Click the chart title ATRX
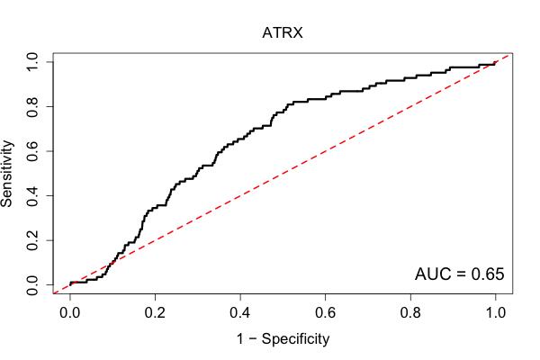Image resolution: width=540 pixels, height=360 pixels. (283, 33)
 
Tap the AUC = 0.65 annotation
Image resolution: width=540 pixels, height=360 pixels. (459, 274)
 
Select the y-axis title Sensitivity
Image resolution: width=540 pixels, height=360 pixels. (6, 174)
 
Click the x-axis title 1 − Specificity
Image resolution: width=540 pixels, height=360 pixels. (283, 339)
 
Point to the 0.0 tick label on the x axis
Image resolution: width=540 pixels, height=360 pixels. (70, 313)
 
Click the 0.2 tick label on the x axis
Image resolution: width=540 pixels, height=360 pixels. (155, 313)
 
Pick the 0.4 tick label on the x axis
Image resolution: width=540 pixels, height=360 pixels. (240, 313)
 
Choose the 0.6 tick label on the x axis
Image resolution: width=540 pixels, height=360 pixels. (325, 313)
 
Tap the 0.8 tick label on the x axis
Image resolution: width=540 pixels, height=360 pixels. (410, 313)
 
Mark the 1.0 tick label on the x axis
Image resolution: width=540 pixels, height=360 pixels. (496, 313)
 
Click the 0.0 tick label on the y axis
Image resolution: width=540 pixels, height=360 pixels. (32, 285)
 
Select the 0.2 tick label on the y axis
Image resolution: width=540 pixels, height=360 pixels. (32, 240)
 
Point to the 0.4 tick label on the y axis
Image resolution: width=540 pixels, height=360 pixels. (32, 196)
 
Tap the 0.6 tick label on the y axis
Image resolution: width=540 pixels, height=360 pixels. (32, 151)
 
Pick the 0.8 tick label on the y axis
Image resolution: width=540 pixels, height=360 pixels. (32, 107)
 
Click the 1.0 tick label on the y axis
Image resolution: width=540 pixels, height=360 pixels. (32, 62)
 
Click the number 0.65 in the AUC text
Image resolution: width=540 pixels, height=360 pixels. (488, 274)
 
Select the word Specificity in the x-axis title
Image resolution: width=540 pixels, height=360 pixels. (295, 339)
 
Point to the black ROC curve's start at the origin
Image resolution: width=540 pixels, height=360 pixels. (70, 284)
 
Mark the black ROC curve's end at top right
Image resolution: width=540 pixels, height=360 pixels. (495, 62)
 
